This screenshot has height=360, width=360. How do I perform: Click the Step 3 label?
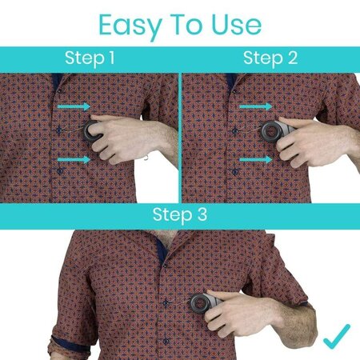180,215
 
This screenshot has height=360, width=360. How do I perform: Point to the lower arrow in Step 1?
74,160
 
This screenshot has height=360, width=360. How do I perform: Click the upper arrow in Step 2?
256,106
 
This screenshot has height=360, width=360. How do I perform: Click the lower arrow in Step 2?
256,160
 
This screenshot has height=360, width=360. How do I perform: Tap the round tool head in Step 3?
198,303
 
